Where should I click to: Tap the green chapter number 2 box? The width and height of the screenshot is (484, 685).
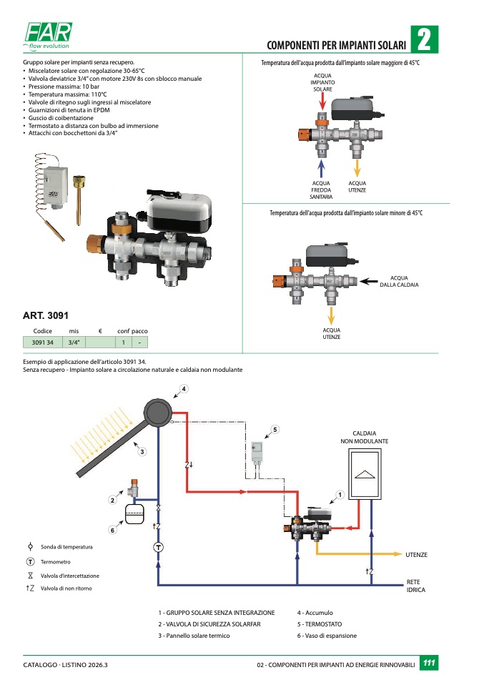424,40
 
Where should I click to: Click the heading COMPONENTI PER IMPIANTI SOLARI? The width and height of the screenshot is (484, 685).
336,45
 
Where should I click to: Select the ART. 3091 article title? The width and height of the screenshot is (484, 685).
46,315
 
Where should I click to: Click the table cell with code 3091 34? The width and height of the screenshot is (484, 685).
43,342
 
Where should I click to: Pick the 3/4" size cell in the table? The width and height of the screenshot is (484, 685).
74,342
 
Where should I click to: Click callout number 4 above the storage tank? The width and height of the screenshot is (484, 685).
184,389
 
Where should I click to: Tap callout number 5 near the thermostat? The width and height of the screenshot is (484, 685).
275,429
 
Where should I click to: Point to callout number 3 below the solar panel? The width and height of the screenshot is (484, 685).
142,451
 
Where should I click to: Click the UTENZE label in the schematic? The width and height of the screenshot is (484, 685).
416,555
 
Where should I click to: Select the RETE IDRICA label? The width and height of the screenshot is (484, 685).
416,586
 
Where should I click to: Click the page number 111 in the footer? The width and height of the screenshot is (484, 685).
429,664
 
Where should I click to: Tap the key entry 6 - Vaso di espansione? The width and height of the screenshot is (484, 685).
327,636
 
